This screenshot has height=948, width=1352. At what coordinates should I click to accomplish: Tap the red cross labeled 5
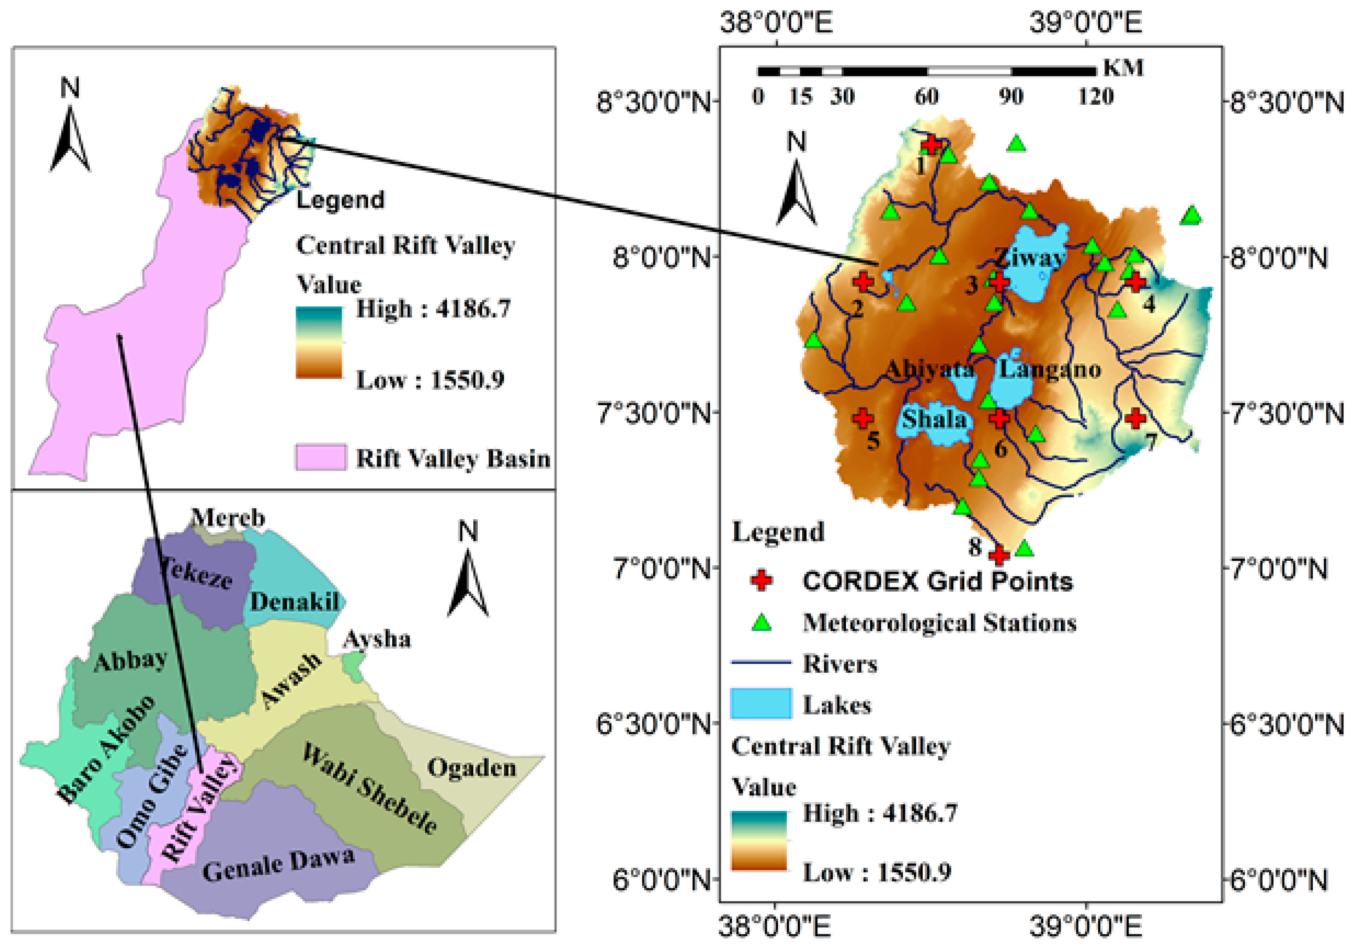pos(863,418)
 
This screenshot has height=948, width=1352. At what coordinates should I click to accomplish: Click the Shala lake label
pos(935,419)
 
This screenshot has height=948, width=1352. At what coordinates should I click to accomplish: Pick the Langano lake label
pos(1050,370)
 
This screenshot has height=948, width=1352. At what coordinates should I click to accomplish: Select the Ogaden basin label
pos(471,768)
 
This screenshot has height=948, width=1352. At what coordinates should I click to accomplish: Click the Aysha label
pos(377,639)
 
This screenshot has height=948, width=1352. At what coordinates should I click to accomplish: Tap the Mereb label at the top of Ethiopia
pos(228,518)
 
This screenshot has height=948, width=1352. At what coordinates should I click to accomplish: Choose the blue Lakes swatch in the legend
pos(761,703)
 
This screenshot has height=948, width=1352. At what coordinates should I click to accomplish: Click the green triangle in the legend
pos(762,622)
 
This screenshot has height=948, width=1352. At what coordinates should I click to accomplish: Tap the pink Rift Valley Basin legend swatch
pos(320,458)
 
